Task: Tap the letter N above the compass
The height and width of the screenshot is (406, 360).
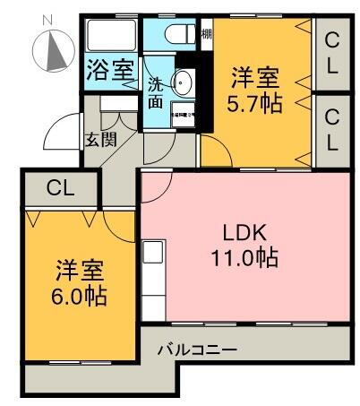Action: click(x=48, y=17)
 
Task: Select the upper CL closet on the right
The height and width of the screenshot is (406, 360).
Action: click(x=332, y=52)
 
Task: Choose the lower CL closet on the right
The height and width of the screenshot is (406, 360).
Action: click(x=332, y=129)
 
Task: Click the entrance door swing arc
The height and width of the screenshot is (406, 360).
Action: click(x=58, y=133)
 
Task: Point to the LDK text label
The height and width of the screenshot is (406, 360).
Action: click(x=244, y=233)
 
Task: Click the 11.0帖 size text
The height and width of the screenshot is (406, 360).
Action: click(x=244, y=260)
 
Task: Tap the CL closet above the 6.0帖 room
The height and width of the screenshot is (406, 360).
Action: click(x=60, y=188)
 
